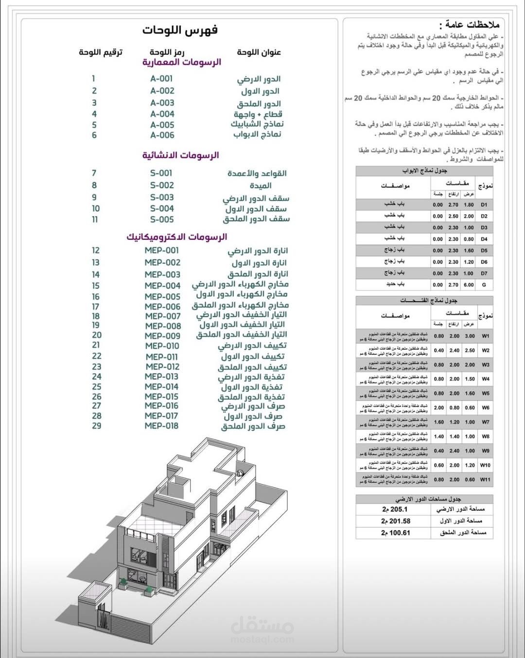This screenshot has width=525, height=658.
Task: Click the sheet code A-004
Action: click(x=162, y=114)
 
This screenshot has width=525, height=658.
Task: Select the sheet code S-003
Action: click(x=162, y=198)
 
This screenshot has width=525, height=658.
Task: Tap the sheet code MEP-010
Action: click(x=162, y=346)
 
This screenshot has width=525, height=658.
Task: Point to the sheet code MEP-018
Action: click(x=161, y=426)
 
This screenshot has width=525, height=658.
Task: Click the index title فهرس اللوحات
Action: click(x=180, y=30)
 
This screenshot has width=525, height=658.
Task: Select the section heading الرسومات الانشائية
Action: click(x=180, y=155)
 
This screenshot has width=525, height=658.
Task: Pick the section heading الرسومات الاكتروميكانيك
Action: click(x=177, y=237)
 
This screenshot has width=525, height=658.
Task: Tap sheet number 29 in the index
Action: click(x=97, y=426)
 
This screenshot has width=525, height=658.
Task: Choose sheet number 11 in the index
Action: click(x=95, y=219)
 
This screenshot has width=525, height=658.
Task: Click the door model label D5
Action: click(x=484, y=251)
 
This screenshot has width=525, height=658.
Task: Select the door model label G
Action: click(x=484, y=285)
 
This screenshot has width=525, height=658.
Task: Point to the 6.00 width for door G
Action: click(x=469, y=285)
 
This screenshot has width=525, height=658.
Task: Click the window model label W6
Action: click(x=485, y=408)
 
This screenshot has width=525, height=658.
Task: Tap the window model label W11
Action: click(x=485, y=479)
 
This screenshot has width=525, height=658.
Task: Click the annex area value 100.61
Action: click(x=396, y=533)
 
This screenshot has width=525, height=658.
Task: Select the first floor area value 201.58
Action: click(x=396, y=521)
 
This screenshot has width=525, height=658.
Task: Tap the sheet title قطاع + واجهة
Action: click(x=258, y=115)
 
